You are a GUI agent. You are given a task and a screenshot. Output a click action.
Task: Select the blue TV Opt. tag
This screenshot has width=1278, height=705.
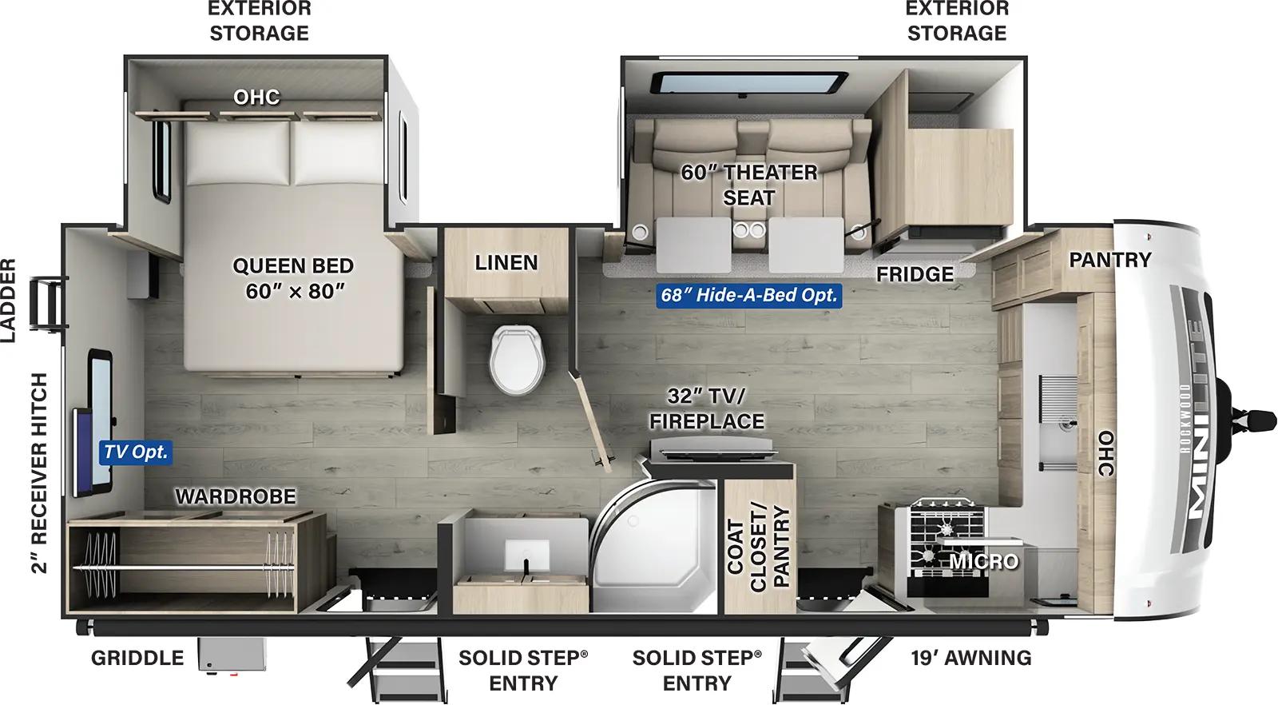137,452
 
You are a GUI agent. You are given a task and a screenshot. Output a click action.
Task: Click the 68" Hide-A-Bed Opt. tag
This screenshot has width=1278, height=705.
748,295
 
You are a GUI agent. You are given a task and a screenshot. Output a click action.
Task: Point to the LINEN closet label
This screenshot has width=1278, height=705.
506,263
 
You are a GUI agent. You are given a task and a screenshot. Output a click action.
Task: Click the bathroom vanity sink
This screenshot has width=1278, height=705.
526,552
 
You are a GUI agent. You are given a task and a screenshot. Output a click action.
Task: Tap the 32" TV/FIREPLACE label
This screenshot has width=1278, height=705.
706,408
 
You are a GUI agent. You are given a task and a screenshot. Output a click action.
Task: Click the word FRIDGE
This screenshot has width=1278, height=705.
915,274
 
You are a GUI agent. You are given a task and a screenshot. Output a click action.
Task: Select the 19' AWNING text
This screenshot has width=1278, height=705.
970,658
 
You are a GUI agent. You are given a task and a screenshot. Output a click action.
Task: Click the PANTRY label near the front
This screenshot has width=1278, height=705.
1109,260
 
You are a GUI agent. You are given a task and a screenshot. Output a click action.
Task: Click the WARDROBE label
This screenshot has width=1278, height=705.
235,497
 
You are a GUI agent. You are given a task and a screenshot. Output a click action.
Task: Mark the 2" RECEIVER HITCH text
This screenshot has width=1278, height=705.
40,473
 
